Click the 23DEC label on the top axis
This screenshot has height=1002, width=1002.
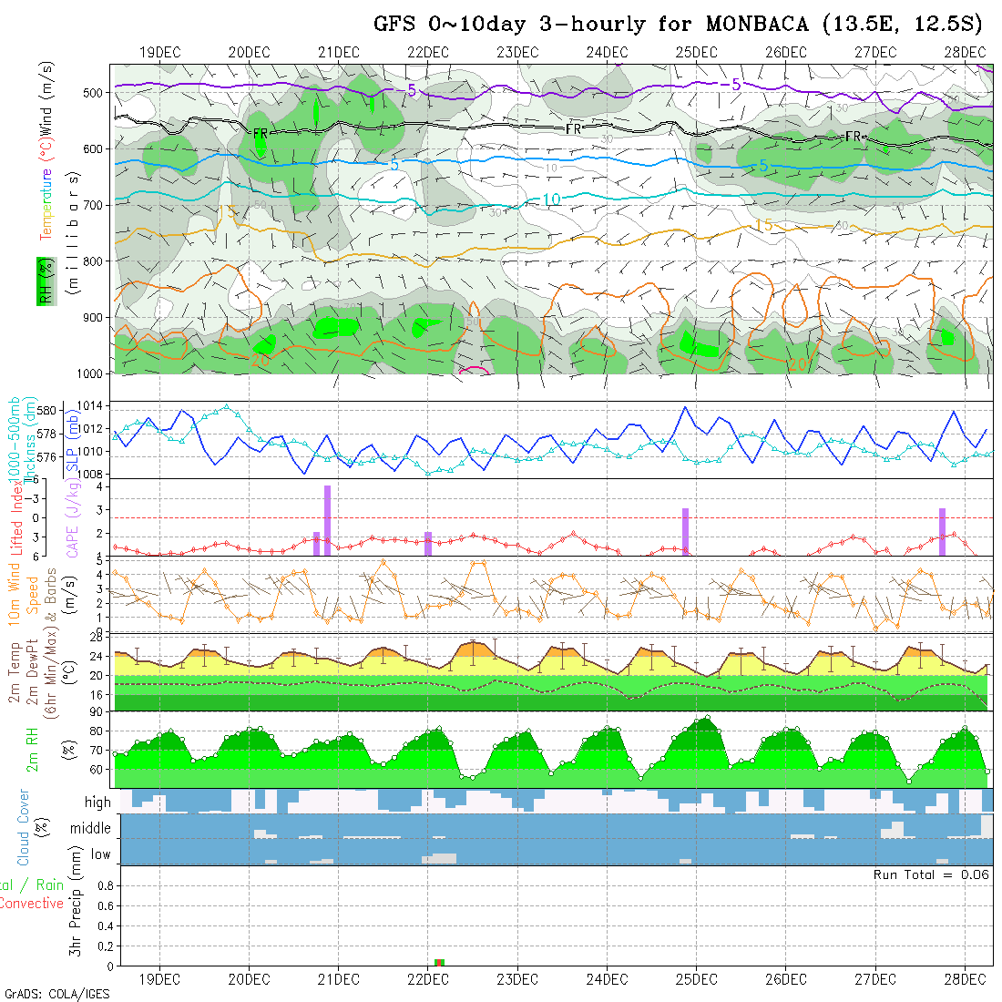click(517, 52)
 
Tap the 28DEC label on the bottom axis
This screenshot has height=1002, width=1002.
click(964, 979)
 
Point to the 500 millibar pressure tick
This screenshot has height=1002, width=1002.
click(96, 92)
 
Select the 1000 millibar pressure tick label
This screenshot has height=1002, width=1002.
click(92, 373)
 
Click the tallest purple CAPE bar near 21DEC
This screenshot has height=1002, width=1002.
click(327, 520)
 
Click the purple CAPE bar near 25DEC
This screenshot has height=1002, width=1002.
click(685, 531)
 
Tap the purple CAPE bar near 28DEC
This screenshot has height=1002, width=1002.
click(943, 531)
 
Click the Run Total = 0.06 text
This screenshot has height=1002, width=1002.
click(931, 874)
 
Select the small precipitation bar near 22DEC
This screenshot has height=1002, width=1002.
click(439, 962)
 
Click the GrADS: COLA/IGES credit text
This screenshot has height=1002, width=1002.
click(56, 994)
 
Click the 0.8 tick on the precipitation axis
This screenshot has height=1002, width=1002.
click(105, 885)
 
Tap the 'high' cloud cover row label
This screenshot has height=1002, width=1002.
click(97, 803)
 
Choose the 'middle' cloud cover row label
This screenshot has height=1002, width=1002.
click(91, 828)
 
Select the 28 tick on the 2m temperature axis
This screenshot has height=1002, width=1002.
click(101, 639)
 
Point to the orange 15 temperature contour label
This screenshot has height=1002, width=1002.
click(763, 225)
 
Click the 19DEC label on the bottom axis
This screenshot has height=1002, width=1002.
click(159, 979)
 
